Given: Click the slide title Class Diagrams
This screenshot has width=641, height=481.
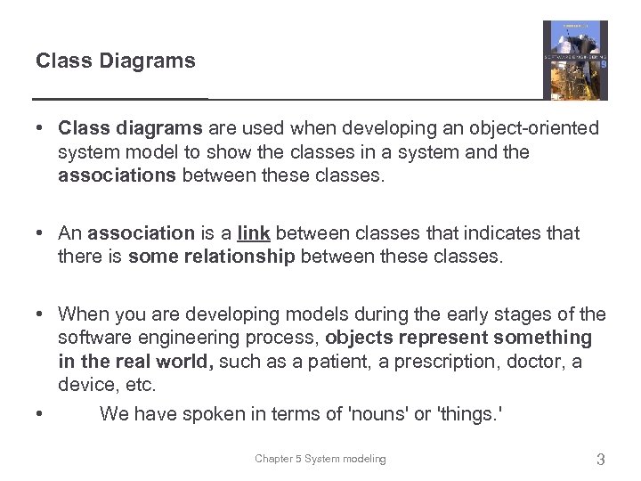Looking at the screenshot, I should click(115, 61).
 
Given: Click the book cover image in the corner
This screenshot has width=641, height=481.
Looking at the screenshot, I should click(575, 60).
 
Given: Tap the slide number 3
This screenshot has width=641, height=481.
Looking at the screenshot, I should click(600, 460).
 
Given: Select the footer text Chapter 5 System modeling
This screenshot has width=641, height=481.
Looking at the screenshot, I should click(320, 459).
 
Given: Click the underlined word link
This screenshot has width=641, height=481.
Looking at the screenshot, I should click(255, 233).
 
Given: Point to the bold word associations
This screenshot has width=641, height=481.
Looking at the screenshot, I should click(117, 175).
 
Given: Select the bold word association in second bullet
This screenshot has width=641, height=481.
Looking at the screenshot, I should click(141, 233).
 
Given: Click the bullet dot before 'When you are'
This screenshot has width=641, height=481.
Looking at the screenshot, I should click(41, 314).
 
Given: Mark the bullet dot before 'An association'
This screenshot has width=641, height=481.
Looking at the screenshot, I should click(41, 233).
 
